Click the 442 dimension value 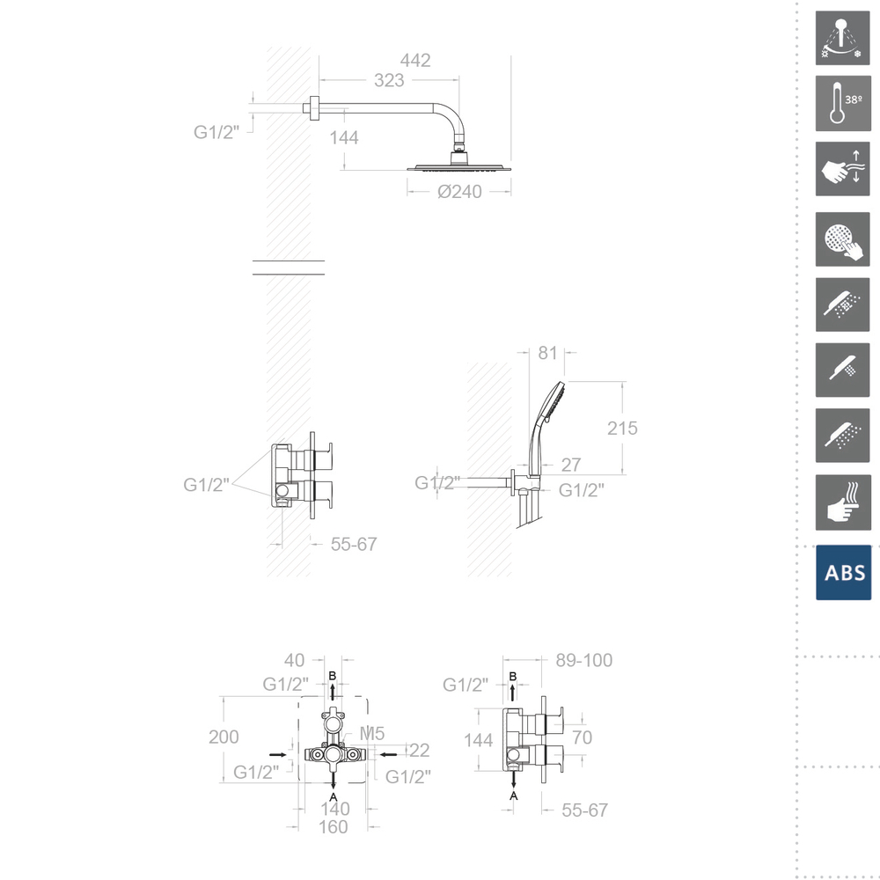click(x=415, y=60)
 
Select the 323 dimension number click(x=389, y=80)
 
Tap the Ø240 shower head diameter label click(x=459, y=192)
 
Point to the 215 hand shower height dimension click(x=622, y=429)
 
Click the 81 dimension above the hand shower click(x=547, y=353)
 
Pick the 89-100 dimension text click(x=584, y=660)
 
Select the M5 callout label click(x=372, y=734)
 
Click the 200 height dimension click(x=224, y=737)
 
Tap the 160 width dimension click(x=333, y=827)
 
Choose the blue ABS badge click(x=844, y=573)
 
